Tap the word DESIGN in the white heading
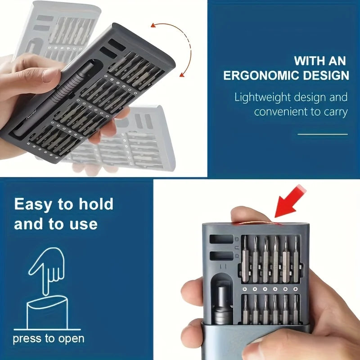click(326, 76)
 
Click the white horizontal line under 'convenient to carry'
click(323, 134)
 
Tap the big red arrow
click(290, 201)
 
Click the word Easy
click(33, 204)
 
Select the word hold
click(96, 204)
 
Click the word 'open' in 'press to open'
click(71, 339)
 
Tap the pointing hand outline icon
click(47, 269)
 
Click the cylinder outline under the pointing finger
click(47, 312)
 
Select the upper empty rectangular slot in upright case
click(221, 239)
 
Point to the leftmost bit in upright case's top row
click(245, 259)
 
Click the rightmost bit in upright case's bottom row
click(296, 309)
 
